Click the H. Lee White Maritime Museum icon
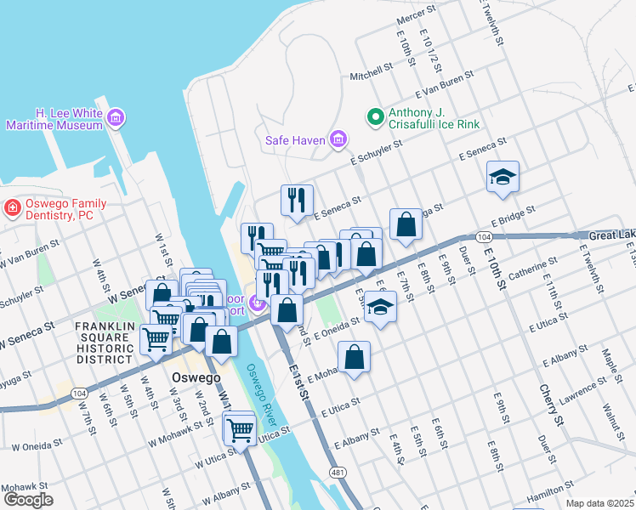coord(116,118)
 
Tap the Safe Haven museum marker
coord(338,139)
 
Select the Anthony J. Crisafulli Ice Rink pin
coord(373,118)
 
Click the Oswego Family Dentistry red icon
coord(12,207)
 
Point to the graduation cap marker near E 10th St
coord(503,177)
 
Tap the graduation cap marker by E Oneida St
coord(380,309)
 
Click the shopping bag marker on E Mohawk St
coord(354,357)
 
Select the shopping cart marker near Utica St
coord(240,431)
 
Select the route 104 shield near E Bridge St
coord(484,236)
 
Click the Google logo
coord(27,499)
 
